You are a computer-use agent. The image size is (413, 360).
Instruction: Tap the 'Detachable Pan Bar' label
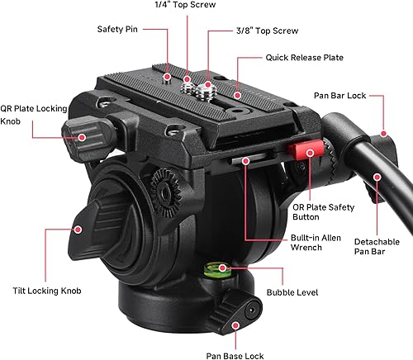pyautogui.click(x=377, y=247)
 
